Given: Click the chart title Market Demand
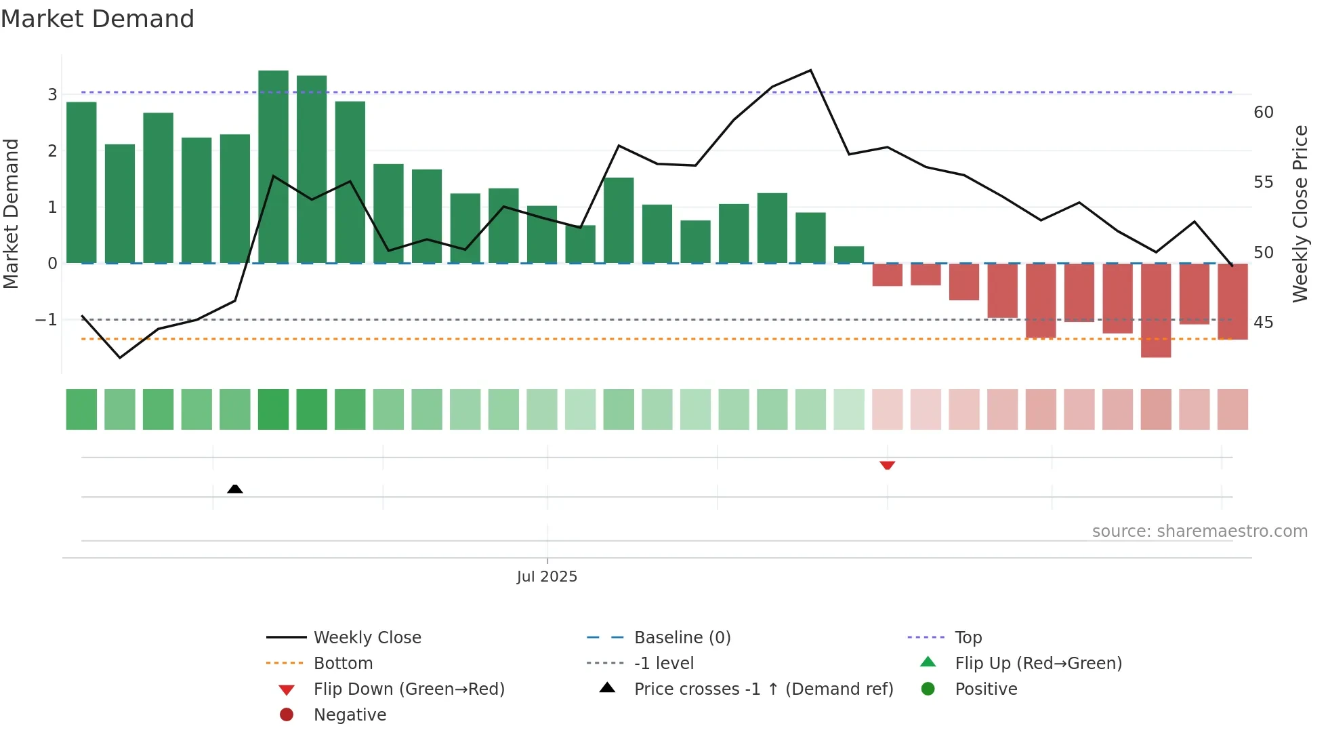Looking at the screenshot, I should (98, 19).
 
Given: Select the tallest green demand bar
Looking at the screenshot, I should (273, 166).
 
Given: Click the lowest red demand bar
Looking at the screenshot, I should (1155, 310).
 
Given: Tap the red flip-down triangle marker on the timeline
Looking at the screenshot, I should (887, 465).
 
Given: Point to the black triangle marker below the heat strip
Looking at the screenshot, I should (234, 489).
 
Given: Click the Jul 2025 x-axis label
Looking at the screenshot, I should (547, 577).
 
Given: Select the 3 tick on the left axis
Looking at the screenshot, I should (52, 95).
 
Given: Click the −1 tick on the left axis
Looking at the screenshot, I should (46, 320).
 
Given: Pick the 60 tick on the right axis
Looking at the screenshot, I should (1263, 113).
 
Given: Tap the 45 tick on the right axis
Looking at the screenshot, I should (1263, 323).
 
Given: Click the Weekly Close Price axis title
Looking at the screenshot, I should (1300, 214).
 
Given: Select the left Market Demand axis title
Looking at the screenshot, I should (12, 214).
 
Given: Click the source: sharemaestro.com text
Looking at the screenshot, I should (1199, 531).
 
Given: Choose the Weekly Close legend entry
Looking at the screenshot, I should (367, 638).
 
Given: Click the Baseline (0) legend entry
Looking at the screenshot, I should (682, 638).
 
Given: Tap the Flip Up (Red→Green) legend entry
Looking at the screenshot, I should (1037, 664).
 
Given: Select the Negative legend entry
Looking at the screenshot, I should (350, 715).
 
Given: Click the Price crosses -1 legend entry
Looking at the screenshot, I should (763, 689).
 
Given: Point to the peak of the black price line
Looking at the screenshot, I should (810, 70).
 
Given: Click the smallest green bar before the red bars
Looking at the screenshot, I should (848, 255).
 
